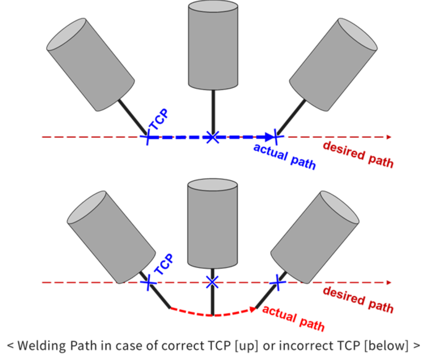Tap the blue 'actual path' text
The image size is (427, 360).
tap(284, 156)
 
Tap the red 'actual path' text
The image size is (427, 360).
tap(293, 318)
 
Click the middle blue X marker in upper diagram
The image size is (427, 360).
tap(212, 137)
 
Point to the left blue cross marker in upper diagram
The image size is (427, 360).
tap(148, 137)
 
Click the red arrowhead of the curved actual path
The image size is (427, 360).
tap(252, 309)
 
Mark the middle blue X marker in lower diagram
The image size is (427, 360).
tap(212, 283)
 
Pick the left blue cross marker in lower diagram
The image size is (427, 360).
tap(149, 283)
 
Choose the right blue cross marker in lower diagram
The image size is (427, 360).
tap(276, 283)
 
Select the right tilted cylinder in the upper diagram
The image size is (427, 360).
tap(333, 65)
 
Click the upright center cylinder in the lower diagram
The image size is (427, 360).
tap(213, 223)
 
